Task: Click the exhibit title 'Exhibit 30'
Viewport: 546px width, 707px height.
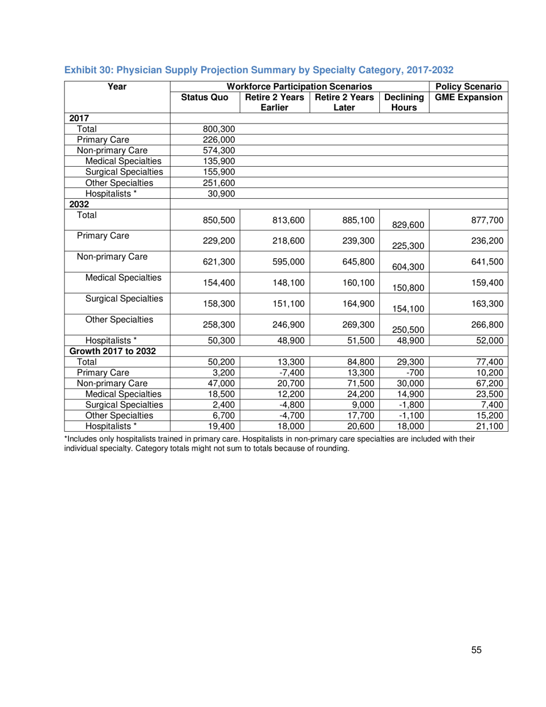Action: pos(259,70)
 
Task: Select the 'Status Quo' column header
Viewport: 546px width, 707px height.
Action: pos(205,98)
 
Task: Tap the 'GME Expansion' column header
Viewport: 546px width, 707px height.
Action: pos(470,98)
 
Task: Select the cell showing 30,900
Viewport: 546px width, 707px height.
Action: pos(221,192)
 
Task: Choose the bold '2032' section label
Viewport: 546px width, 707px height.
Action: pos(76,203)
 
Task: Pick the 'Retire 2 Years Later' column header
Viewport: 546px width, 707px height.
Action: pos(346,103)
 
